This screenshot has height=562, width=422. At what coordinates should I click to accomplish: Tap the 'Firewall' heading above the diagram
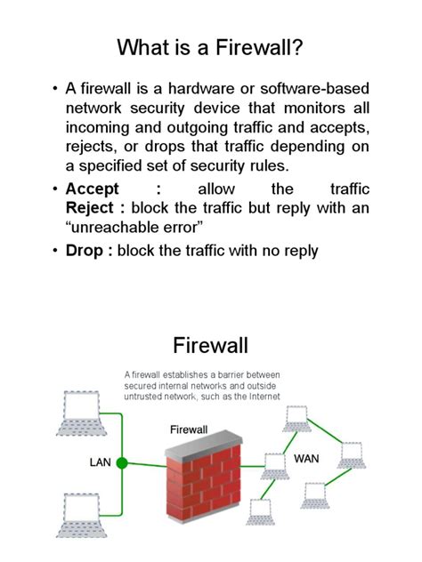211,345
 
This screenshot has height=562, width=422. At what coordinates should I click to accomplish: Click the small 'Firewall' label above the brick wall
189,430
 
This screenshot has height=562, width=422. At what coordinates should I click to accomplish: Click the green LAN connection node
123,462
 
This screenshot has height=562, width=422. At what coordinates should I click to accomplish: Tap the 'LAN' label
100,462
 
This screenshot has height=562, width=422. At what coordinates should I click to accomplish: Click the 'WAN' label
307,460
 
